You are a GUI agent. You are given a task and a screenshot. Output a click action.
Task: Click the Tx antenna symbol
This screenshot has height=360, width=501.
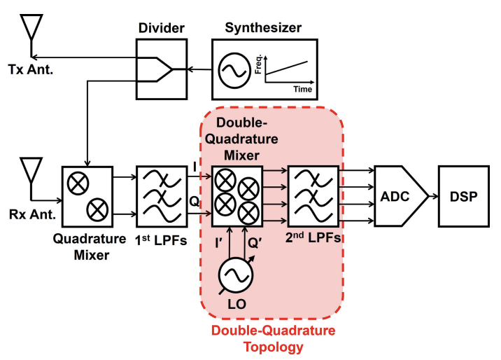click(x=30, y=32)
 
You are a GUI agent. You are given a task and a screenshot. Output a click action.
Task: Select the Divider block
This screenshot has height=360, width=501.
click(x=162, y=69)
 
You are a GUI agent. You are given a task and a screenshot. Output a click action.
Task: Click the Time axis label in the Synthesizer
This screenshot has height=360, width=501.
click(x=303, y=90)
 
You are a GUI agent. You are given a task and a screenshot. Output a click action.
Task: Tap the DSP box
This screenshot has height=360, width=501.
click(x=463, y=196)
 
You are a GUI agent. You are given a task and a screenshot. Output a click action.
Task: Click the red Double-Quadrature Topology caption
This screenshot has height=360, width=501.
click(x=274, y=338)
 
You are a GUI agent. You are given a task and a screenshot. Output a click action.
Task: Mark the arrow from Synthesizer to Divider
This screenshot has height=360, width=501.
click(x=199, y=69)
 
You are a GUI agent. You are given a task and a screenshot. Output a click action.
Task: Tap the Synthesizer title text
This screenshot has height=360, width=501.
click(x=263, y=28)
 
